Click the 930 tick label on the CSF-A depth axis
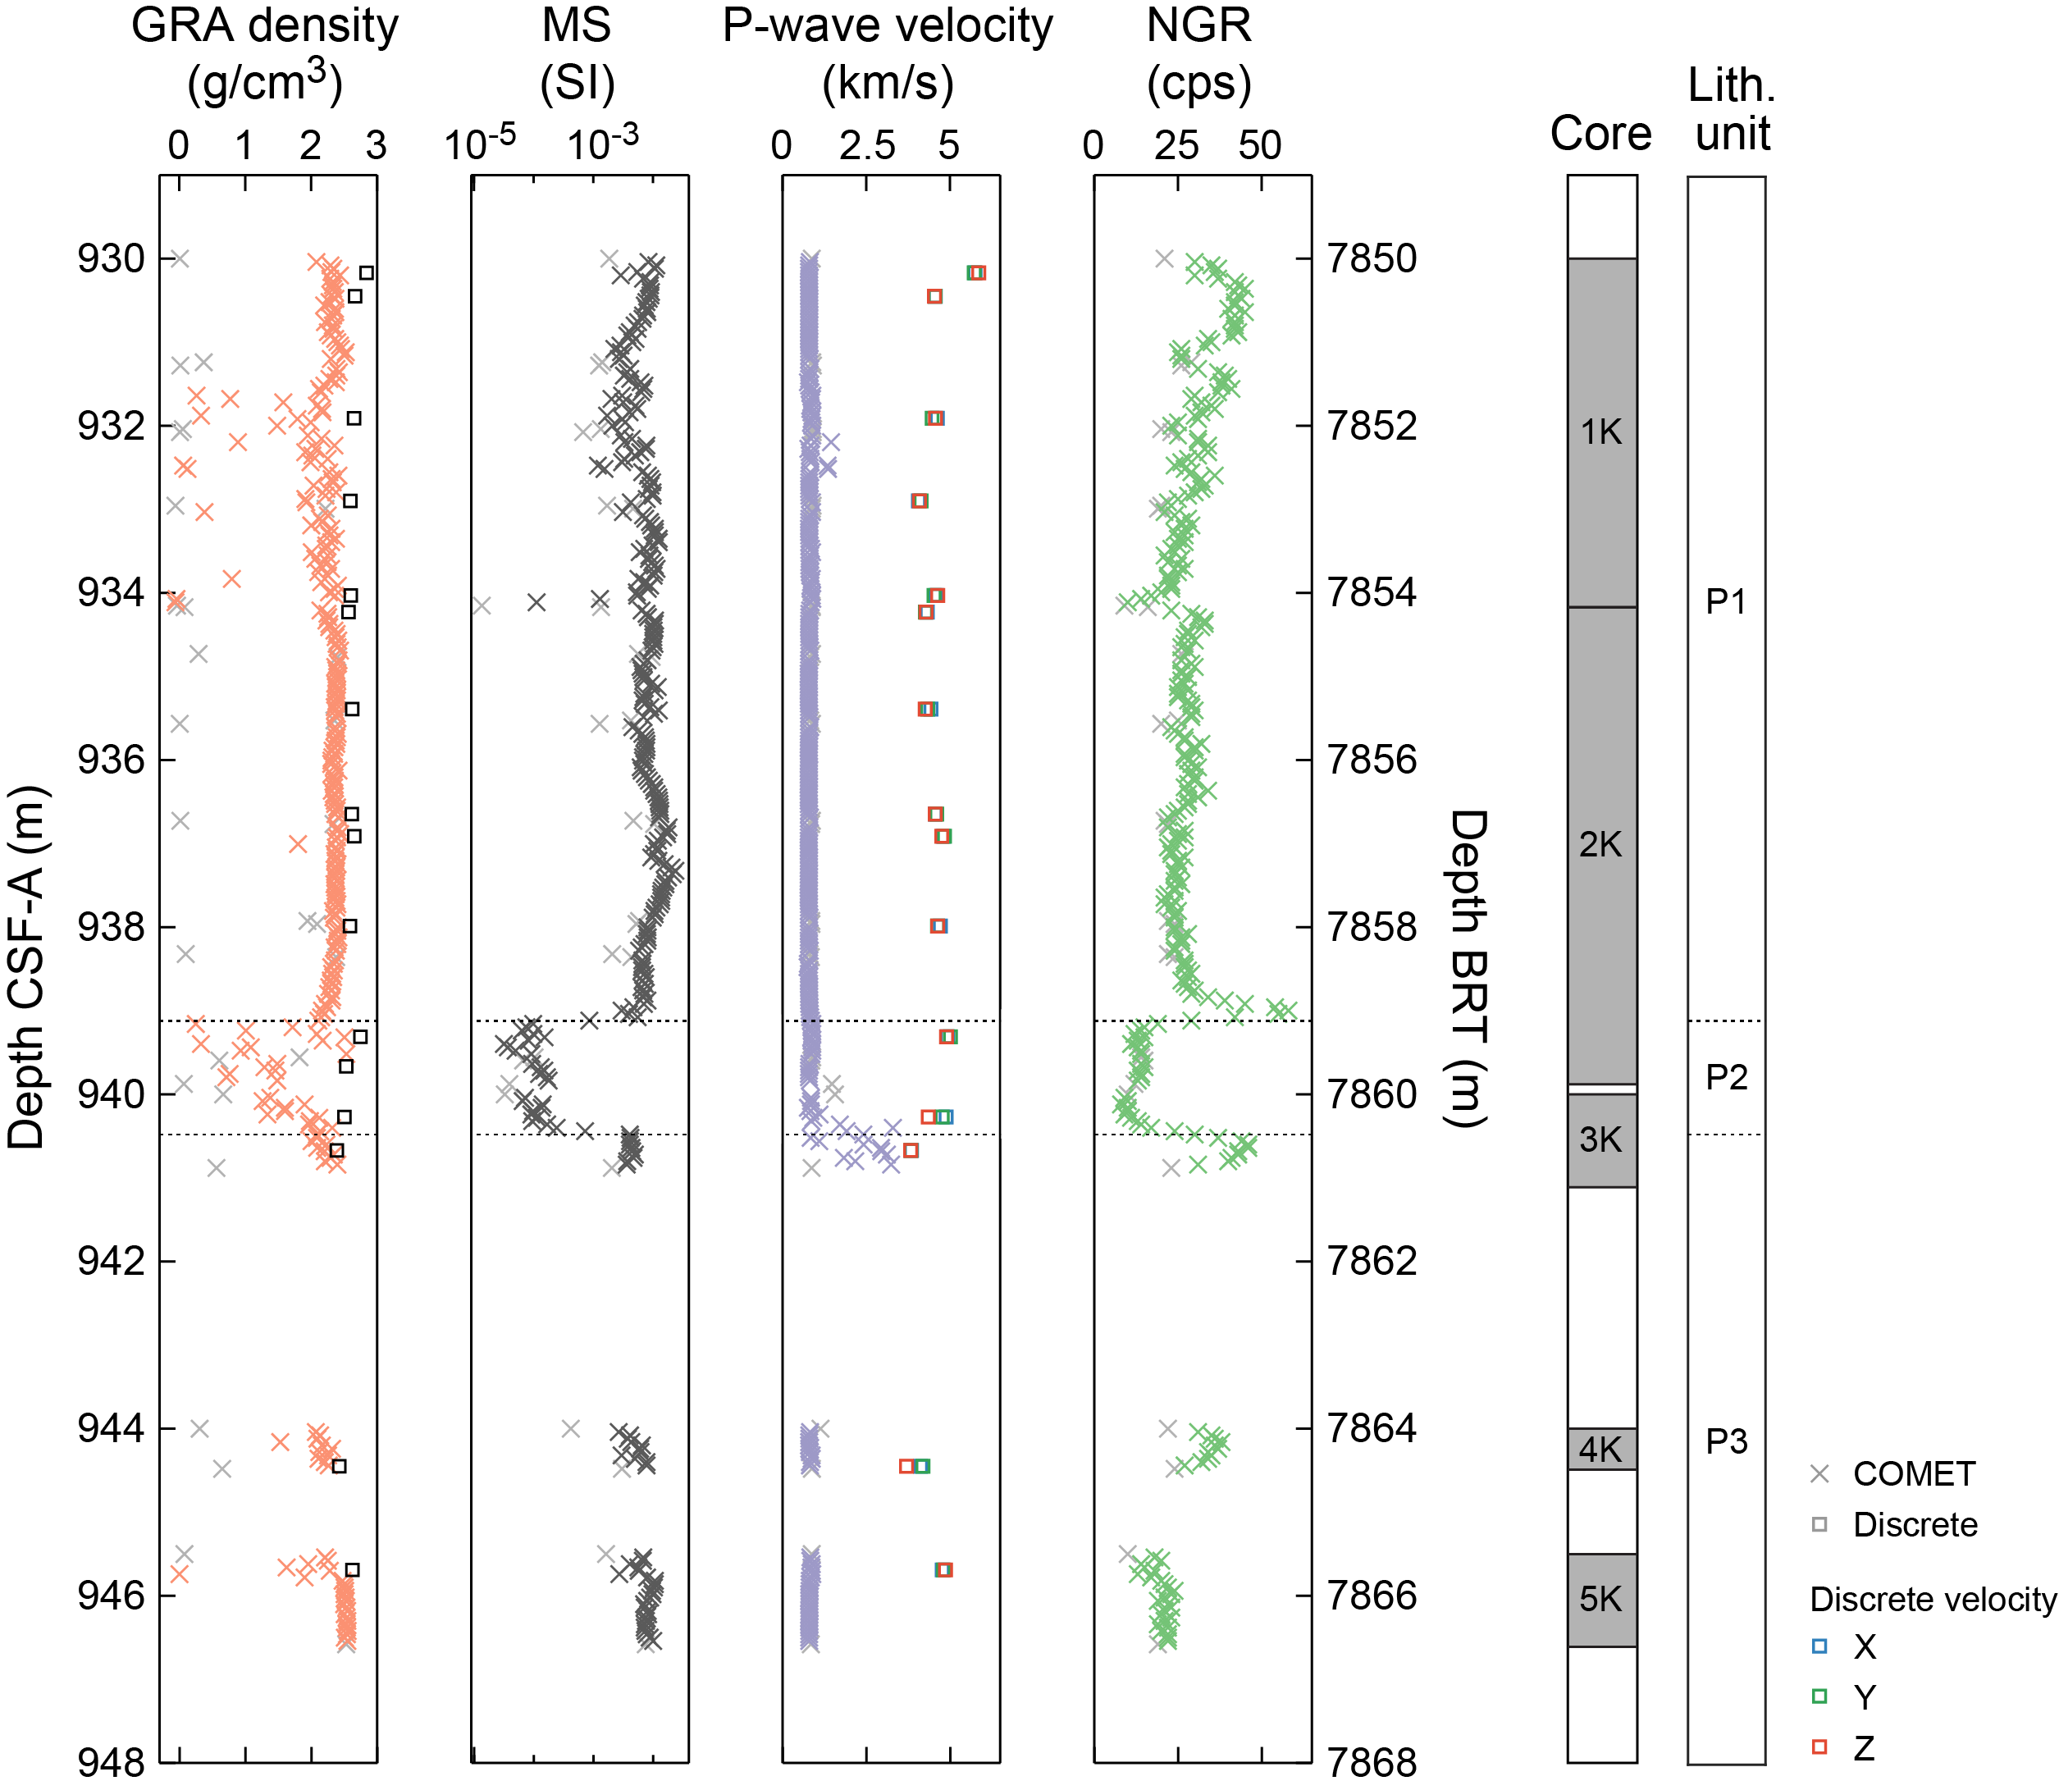pos(111,258)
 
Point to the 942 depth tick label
pos(111,1261)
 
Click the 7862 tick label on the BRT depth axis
pos(1372,1261)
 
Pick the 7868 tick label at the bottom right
pos(1372,1762)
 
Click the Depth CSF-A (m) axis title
pos(27,967)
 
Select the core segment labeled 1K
pos(1601,432)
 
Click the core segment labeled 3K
pos(1601,1139)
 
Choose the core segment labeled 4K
pos(1601,1449)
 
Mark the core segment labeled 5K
pos(1601,1599)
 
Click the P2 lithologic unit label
pos(1726,1077)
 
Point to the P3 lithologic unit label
pos(1726,1441)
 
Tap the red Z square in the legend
pos(1819,1747)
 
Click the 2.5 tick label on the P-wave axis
pos(866,146)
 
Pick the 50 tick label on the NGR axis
pos(1260,146)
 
